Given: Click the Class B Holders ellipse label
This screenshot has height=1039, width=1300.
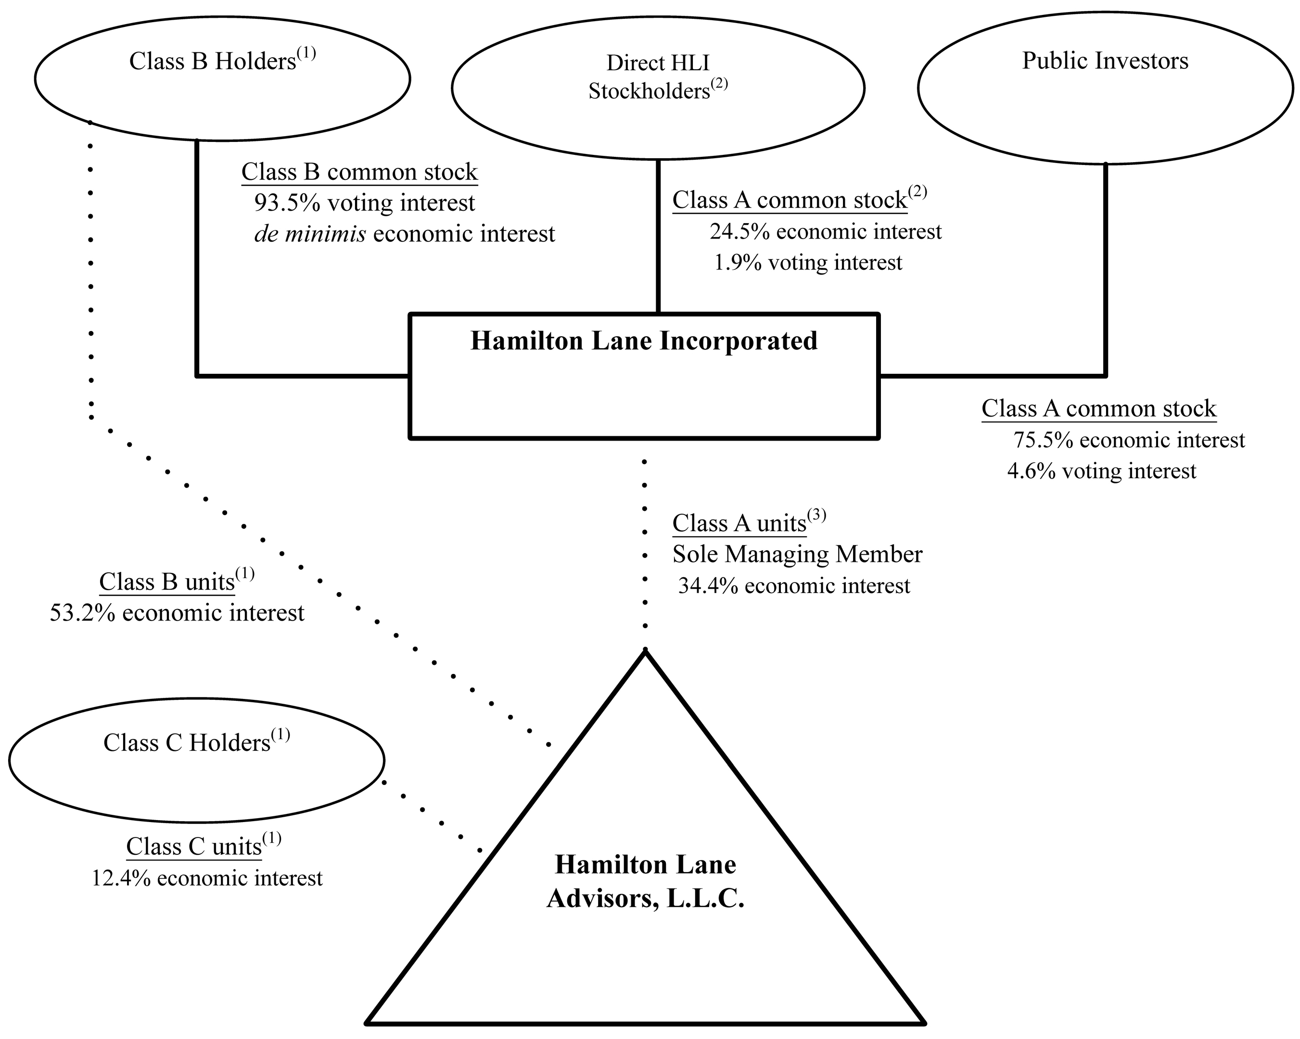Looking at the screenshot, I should click(221, 62).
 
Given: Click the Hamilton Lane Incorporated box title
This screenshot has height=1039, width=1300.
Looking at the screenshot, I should click(644, 341).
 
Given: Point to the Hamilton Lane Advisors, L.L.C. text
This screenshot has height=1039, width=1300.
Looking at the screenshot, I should click(645, 882).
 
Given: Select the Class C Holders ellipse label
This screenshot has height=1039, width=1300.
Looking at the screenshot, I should click(195, 743).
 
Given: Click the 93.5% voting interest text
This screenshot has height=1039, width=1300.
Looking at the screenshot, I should click(364, 203).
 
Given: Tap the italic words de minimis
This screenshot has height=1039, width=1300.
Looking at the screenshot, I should click(310, 234).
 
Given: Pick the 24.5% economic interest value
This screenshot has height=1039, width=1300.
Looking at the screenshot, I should click(825, 232).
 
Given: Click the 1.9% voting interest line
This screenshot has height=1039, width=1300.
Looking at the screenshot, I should click(808, 263).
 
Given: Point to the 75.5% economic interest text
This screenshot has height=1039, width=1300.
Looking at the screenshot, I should click(1128, 441).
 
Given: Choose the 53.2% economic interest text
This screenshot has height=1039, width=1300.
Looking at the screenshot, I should click(177, 613).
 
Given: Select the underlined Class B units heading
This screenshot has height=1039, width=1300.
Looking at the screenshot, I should click(167, 582).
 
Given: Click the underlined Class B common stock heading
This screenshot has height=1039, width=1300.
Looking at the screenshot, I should click(359, 172).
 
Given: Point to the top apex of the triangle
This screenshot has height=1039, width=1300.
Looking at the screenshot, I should click(645, 651).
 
